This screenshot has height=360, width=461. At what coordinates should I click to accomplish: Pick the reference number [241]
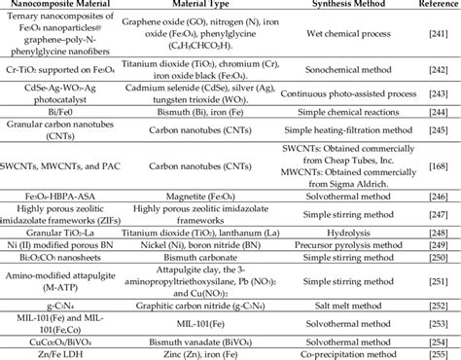tap(430, 41)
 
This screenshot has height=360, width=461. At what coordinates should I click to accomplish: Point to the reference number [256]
tap(430, 352)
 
